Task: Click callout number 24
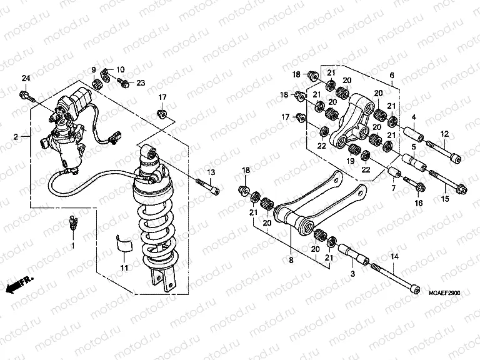pos(26,78)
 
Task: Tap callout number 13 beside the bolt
pos(211,172)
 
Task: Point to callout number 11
pos(124,267)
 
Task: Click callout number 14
pos(394,256)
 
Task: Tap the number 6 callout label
pos(391,76)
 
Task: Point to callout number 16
pos(419,203)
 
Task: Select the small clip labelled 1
pos(72,222)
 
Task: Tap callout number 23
pos(140,82)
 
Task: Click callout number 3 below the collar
pos(352,274)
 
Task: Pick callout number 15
pos(446,199)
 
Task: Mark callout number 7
pos(393,188)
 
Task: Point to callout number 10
pos(120,69)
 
